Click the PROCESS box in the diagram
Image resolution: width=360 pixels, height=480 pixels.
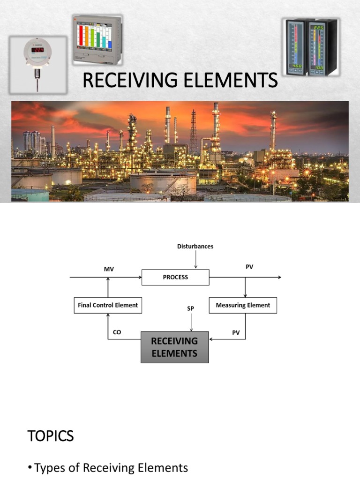pos(175,277)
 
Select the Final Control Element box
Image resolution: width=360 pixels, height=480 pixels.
pos(108,305)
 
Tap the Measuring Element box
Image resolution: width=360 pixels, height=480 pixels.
pos(243,305)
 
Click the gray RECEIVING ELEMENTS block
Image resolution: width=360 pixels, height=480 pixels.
pos(175,347)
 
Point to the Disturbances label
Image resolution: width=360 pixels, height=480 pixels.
pos(195,246)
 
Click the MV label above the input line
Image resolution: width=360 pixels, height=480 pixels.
pos(109,270)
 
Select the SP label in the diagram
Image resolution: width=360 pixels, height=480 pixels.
pos(191,309)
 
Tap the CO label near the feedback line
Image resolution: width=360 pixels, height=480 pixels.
pos(117,332)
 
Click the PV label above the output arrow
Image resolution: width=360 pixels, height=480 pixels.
pos(249,266)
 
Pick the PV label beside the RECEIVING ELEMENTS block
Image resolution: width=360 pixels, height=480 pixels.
pos(236,332)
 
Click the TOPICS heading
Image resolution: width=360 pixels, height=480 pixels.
pos(51,436)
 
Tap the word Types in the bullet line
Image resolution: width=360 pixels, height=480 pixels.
pos(50,467)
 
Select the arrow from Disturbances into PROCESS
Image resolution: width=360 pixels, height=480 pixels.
pos(195,260)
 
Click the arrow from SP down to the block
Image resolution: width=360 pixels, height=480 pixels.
pos(191,322)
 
